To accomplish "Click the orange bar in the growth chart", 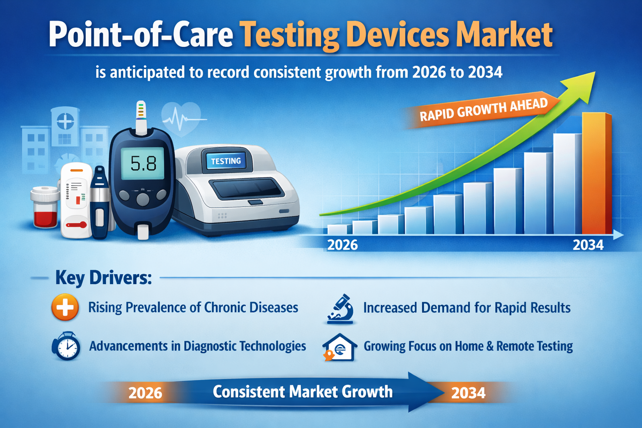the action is coord(597,173).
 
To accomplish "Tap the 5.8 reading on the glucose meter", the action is coord(143,163).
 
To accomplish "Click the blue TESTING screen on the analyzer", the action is coord(226,161).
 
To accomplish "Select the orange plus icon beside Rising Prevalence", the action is coord(65,307).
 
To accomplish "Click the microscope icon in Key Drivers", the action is coord(340,309).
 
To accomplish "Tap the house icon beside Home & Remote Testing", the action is coord(340,347).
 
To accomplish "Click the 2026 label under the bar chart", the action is coord(342,245).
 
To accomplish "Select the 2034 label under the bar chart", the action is coord(588,245).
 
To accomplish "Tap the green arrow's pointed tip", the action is coord(595,72).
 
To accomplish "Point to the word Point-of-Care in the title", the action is coord(141,35).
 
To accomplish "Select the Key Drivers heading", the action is coord(104,278).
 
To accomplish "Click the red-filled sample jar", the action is coord(45,207).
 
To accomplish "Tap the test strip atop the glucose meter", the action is coord(141,117).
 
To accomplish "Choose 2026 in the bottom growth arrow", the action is coord(145,393).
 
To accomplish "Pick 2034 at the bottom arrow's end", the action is coord(468,393).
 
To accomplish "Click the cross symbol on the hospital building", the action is coord(65,121).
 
